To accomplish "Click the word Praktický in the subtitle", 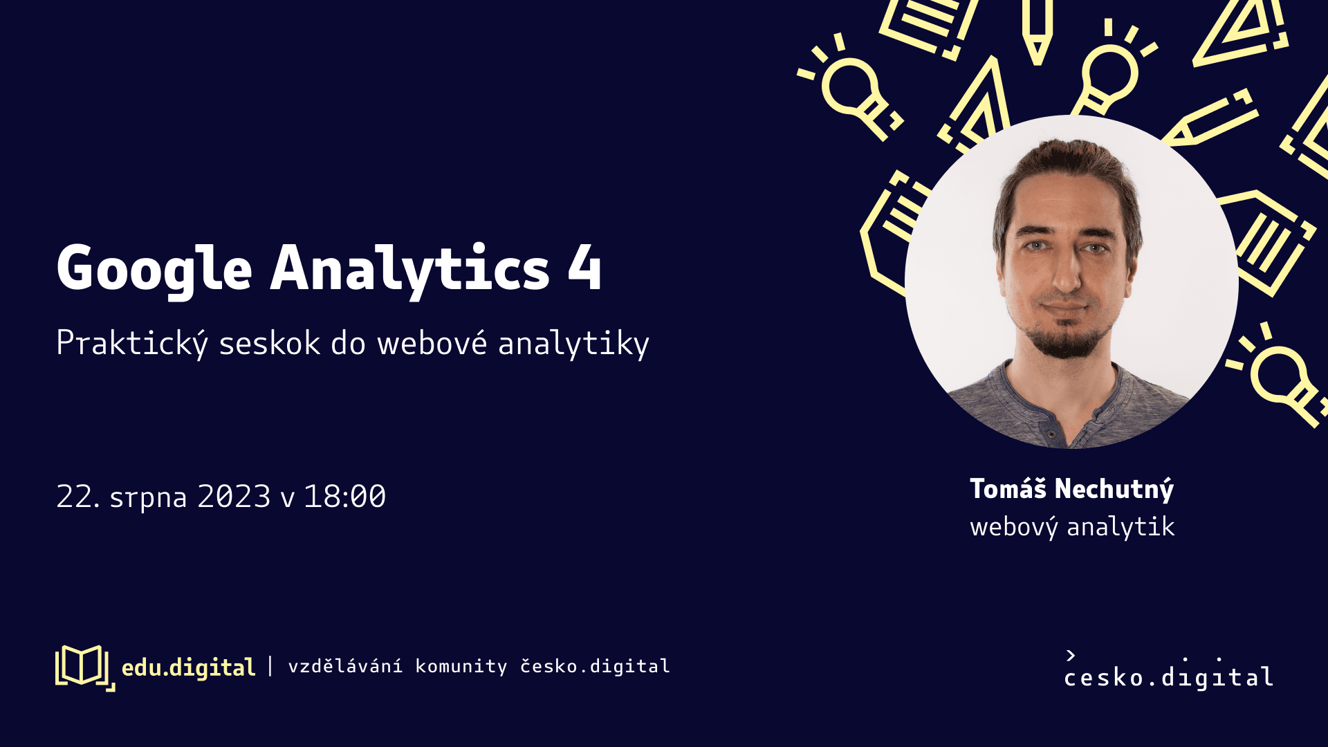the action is click(131, 343).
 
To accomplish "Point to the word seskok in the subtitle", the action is click(269, 344).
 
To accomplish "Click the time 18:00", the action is click(344, 497).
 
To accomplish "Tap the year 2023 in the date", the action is click(234, 497).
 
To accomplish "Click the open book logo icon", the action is click(84, 667).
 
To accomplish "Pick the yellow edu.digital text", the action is click(188, 667).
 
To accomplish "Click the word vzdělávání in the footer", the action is click(345, 666).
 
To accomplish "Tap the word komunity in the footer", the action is click(461, 667).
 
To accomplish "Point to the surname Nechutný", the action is click(1114, 490).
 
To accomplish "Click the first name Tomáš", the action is click(1008, 488).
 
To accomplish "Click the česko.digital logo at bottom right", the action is click(1169, 670).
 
